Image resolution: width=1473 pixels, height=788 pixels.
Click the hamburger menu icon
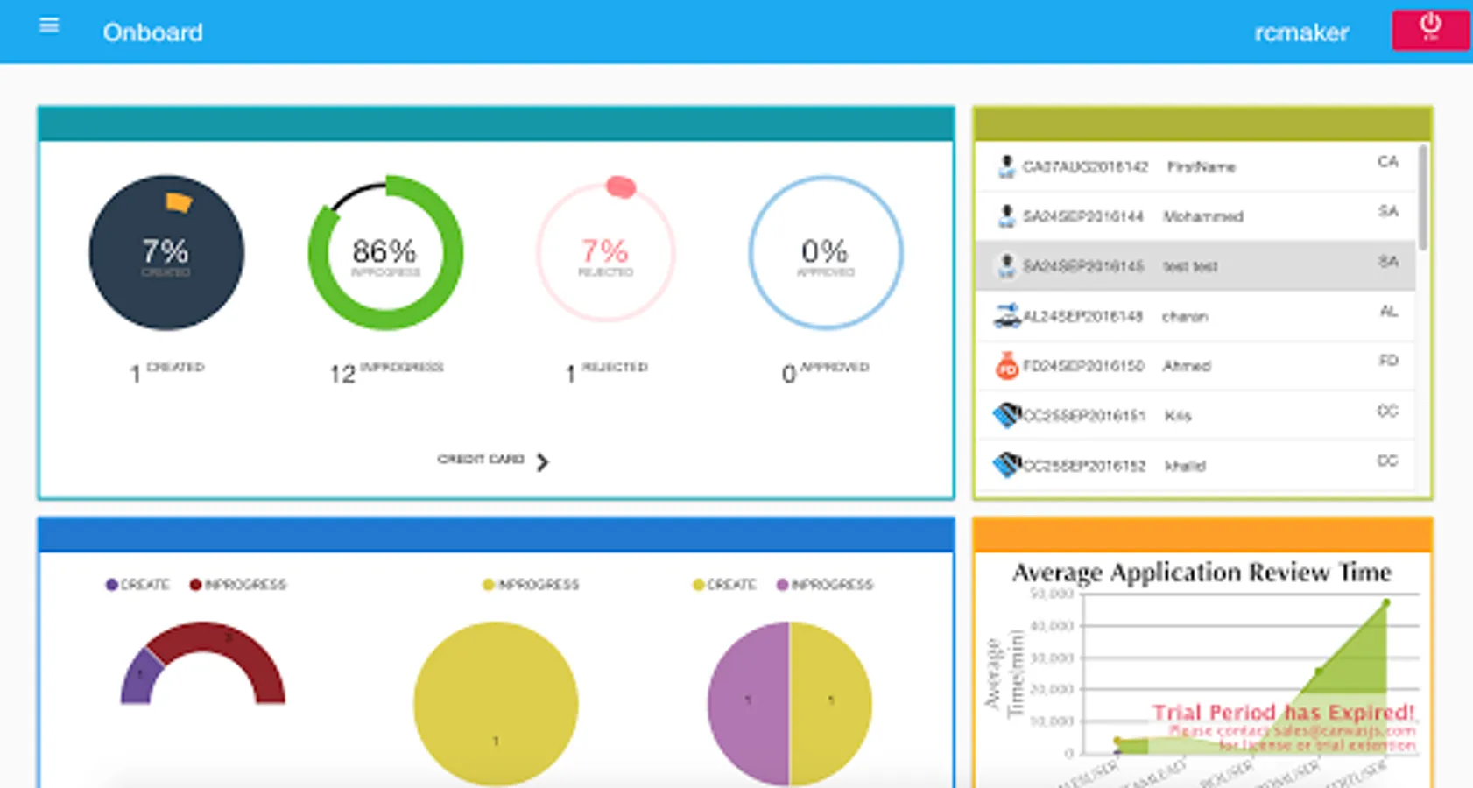[49, 26]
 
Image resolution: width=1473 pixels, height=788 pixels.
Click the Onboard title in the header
[153, 32]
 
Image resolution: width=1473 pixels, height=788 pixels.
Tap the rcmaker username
[1300, 33]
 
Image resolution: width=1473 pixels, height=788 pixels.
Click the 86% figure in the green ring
[384, 251]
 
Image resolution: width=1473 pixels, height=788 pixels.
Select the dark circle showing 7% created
[166, 253]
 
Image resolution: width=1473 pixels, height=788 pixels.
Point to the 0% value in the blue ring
[824, 251]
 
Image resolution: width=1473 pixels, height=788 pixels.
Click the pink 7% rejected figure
[604, 251]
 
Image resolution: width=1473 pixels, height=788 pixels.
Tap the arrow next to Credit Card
[543, 461]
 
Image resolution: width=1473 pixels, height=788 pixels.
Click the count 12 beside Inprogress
[342, 375]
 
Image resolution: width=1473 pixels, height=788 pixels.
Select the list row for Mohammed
[1195, 216]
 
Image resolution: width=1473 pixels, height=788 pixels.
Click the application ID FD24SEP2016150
[1083, 366]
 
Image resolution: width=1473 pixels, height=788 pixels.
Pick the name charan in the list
[1185, 316]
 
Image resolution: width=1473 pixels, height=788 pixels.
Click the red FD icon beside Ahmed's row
[1007, 366]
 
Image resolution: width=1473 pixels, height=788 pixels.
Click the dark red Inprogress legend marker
[195, 585]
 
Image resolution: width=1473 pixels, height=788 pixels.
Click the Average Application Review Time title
[1202, 573]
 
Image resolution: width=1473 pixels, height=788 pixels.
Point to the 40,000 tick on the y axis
[1052, 626]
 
